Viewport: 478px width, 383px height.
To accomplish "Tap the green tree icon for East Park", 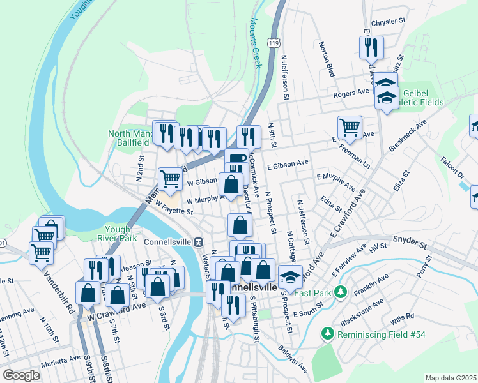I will pyautogui.click(x=341, y=291).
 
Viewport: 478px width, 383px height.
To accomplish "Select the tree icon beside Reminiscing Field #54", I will pyautogui.click(x=328, y=333).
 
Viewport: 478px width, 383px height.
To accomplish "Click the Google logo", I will pyautogui.click(x=21, y=375).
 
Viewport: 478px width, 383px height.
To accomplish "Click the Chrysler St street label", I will pyautogui.click(x=389, y=21).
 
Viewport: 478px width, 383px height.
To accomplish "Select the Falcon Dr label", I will pyautogui.click(x=452, y=168).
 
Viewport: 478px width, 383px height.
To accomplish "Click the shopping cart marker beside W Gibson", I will pyautogui.click(x=170, y=179).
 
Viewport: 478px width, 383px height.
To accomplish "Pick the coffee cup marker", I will pyautogui.click(x=236, y=159).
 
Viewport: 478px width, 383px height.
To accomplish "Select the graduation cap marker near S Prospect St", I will pyautogui.click(x=290, y=277).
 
